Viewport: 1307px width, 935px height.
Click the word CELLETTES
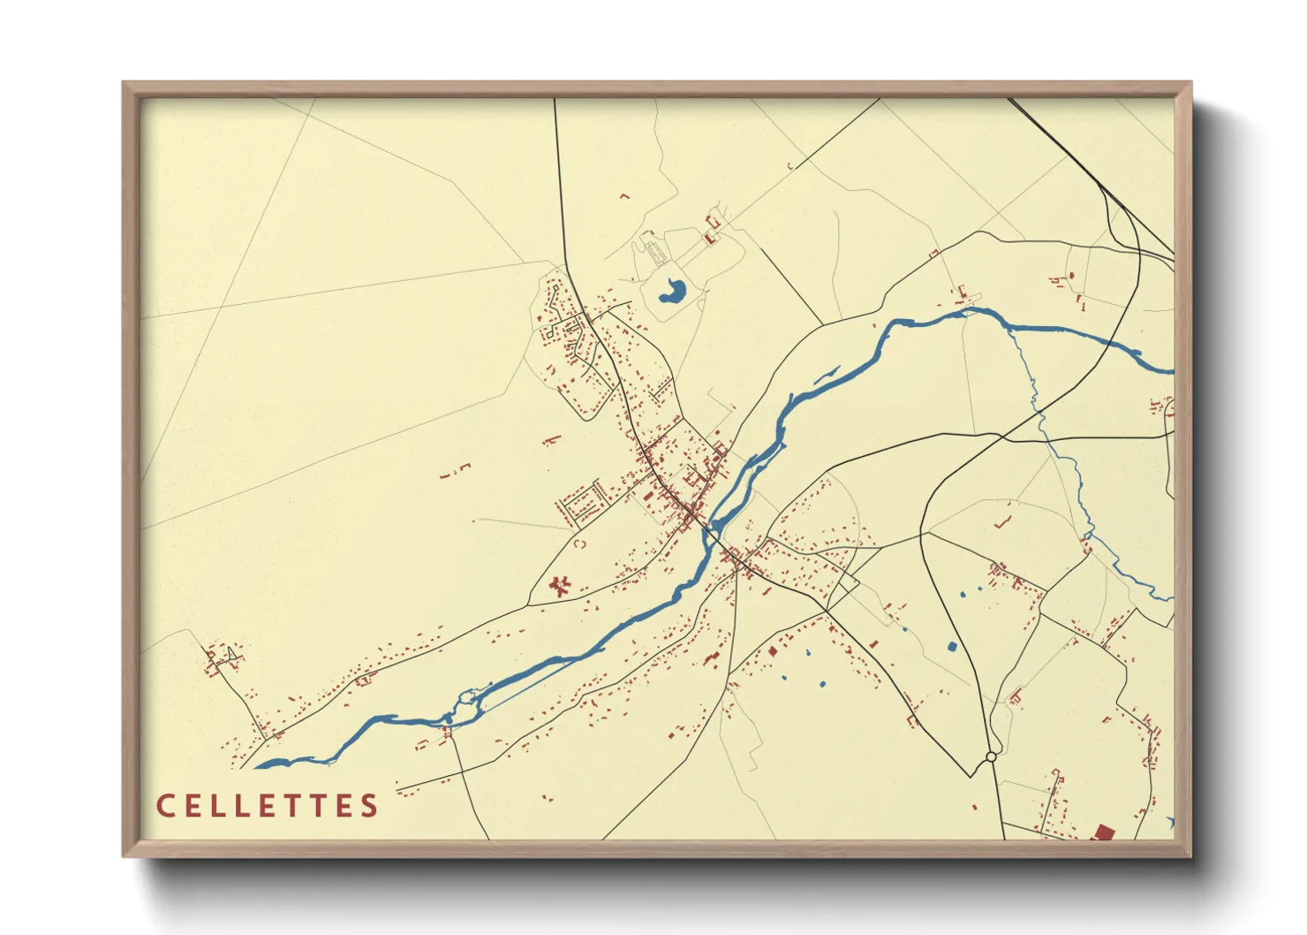click(x=268, y=806)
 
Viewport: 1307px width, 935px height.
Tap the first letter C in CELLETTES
click(x=164, y=806)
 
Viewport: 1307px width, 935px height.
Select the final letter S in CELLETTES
click(x=370, y=806)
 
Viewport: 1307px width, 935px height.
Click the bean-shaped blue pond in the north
click(x=672, y=291)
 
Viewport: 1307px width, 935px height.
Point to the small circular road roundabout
click(x=991, y=756)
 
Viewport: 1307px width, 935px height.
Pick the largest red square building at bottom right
click(x=1102, y=832)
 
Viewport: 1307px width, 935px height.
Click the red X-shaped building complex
click(x=558, y=585)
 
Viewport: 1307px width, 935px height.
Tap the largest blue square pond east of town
click(x=951, y=646)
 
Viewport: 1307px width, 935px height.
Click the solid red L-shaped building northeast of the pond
click(x=708, y=238)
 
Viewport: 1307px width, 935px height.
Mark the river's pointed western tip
click(x=257, y=766)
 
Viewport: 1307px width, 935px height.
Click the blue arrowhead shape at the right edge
click(x=1170, y=823)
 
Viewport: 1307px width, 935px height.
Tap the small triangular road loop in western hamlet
click(x=230, y=654)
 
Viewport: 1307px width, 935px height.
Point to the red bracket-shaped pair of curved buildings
click(x=579, y=544)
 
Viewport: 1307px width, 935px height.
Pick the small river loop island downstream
click(x=466, y=704)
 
